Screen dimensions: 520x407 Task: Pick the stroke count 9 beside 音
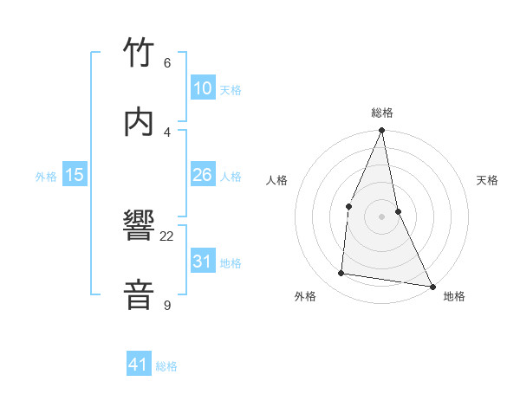coord(167,305)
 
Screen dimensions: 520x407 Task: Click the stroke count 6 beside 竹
coord(167,63)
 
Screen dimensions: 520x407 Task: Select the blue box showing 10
coord(203,88)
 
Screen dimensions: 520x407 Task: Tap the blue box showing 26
coord(203,175)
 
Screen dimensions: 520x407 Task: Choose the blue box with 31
coord(203,262)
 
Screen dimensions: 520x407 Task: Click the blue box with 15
coord(75,175)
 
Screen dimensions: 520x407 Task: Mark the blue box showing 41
coord(139,365)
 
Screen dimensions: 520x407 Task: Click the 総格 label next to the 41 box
coord(166,366)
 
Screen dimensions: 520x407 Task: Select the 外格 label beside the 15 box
coord(46,177)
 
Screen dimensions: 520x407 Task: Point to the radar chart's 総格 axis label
coord(382,113)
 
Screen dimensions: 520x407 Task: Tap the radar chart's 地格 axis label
coord(454,297)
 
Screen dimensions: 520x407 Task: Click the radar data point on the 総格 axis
coord(381,131)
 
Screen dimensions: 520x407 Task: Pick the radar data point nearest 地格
coord(432,286)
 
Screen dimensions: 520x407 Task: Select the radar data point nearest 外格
coord(341,274)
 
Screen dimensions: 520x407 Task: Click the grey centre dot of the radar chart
coord(381,216)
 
